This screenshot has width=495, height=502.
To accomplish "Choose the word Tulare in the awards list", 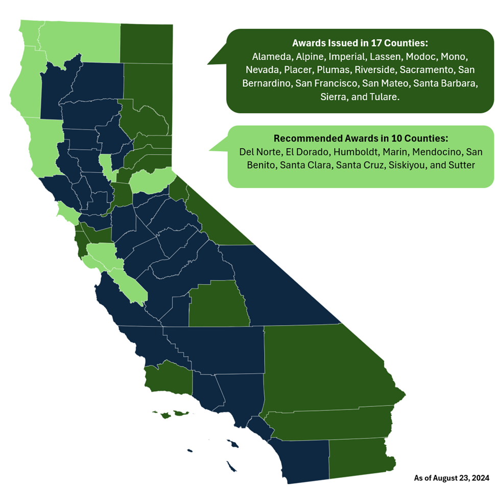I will [382, 96].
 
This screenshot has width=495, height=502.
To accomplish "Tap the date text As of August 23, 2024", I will [452, 478].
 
